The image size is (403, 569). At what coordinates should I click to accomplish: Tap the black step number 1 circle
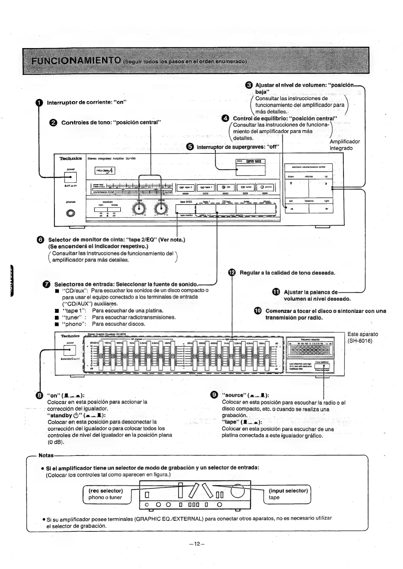tap(40, 102)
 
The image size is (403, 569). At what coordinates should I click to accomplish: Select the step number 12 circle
tap(232, 273)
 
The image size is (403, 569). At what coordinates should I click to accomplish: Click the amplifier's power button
tap(70, 177)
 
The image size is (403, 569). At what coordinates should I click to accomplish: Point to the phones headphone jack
tap(71, 213)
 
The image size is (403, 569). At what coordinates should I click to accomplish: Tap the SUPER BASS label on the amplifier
tap(250, 162)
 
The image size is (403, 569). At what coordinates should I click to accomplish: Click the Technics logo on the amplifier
tap(71, 159)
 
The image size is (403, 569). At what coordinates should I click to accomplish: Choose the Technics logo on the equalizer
tap(70, 336)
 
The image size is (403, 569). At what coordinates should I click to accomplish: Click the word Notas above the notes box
tap(46, 455)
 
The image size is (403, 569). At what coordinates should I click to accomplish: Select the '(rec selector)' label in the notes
tap(106, 490)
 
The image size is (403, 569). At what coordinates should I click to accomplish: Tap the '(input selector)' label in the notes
tap(288, 490)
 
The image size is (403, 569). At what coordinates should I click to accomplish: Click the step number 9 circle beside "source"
tap(214, 395)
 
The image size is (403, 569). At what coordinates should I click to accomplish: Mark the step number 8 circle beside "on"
tap(40, 395)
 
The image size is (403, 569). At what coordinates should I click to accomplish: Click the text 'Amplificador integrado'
tap(344, 145)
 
